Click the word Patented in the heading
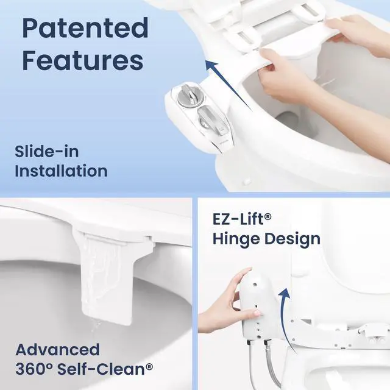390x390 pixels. [x=85, y=28]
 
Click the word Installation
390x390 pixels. [x=61, y=171]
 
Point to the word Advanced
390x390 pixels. [x=58, y=350]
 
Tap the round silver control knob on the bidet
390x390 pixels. [x=189, y=97]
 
